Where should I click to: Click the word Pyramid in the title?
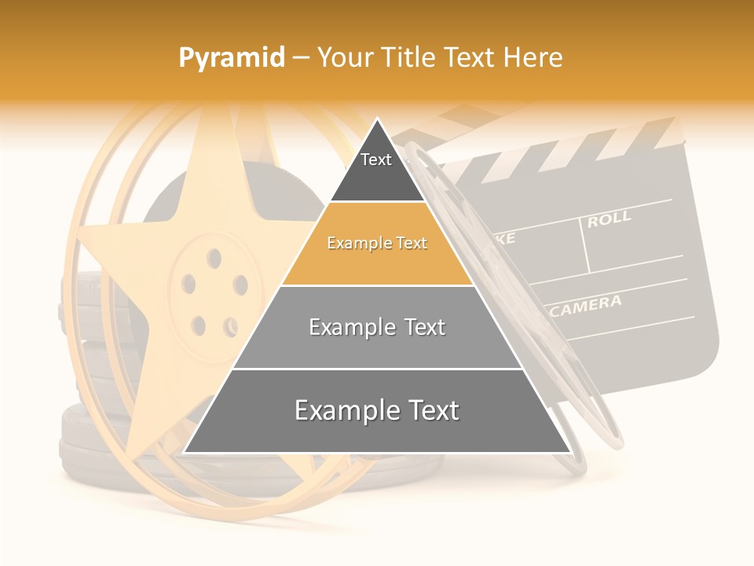pos(231,58)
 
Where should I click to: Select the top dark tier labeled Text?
pos(376,168)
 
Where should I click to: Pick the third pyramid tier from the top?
pos(377,327)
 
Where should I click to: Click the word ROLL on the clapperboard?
pos(609,219)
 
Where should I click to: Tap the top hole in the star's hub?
pos(213,256)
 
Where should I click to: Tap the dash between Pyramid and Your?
pos(301,58)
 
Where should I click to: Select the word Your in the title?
pos(344,58)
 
